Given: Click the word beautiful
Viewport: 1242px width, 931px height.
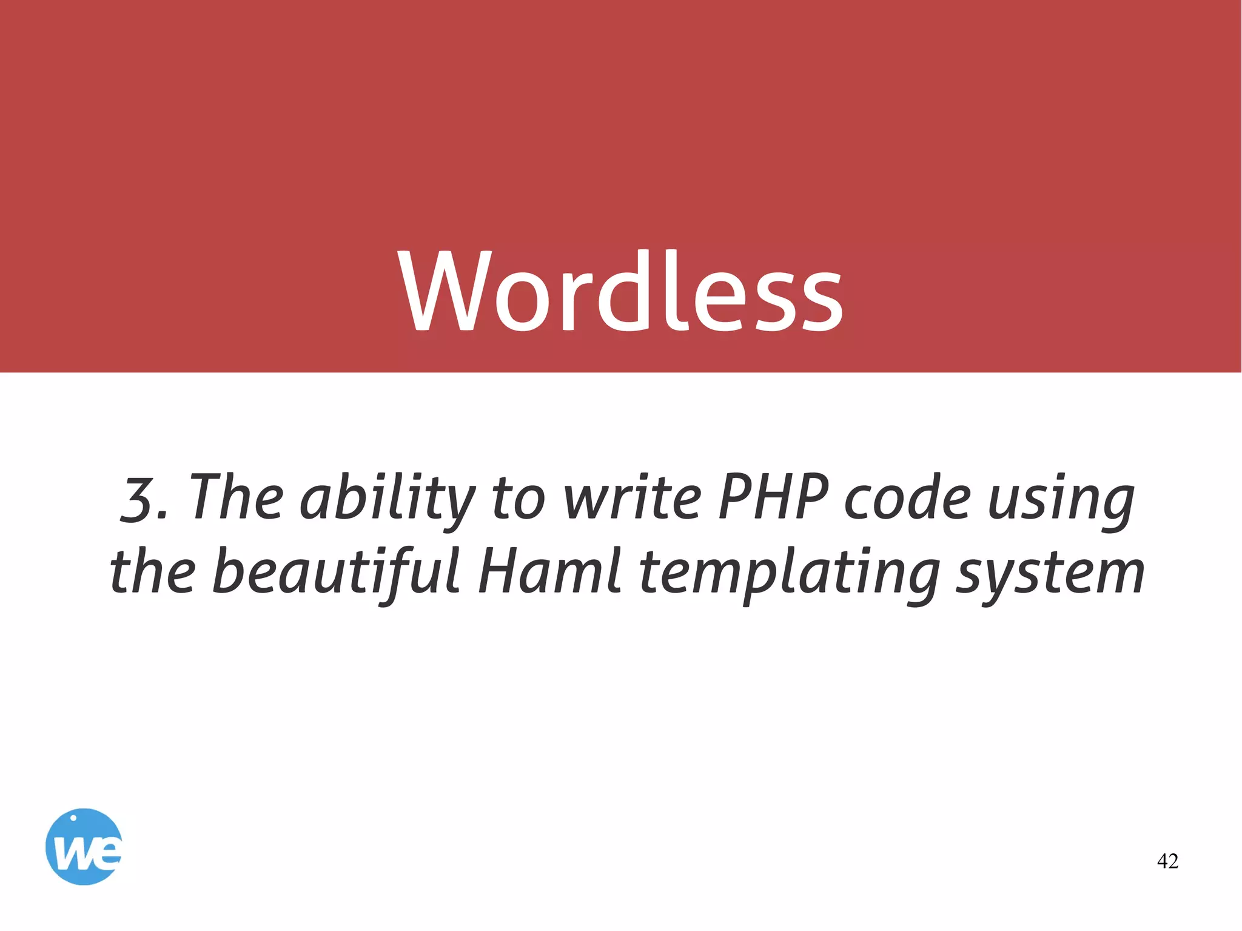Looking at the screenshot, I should pyautogui.click(x=337, y=572).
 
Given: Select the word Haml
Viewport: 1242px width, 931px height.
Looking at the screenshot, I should pyautogui.click(x=549, y=572).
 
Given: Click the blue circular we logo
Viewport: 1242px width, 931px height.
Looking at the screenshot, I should pyautogui.click(x=84, y=846).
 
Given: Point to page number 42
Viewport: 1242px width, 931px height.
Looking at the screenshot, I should pyautogui.click(x=1167, y=861).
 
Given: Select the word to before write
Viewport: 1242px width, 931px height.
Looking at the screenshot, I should pyautogui.click(x=519, y=499).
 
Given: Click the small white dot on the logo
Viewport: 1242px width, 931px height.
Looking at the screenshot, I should pyautogui.click(x=73, y=818).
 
